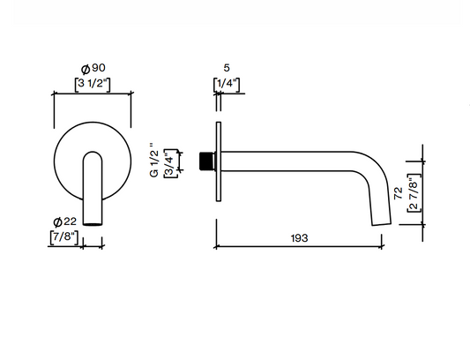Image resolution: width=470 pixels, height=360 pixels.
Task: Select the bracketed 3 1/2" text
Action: pos(93,84)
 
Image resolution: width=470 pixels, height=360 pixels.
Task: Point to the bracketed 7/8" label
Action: pos(64,237)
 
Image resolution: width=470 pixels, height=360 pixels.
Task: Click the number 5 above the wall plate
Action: pos(227,68)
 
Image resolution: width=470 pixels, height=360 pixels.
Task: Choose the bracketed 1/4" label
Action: pos(227,84)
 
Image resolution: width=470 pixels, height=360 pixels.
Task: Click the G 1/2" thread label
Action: pos(153,161)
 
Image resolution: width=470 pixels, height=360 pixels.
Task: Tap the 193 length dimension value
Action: pos(300,238)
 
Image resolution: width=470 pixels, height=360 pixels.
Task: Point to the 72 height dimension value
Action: pos(399,194)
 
